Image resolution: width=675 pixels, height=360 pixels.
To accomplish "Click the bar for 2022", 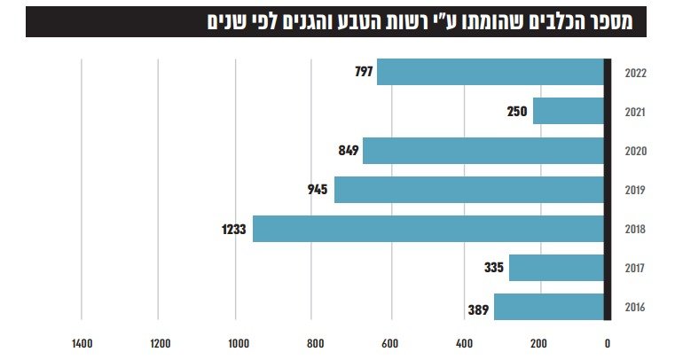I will click(x=490, y=72).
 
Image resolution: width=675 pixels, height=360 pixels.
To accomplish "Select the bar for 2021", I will click(x=568, y=111).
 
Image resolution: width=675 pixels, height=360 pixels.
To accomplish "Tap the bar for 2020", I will click(x=483, y=151).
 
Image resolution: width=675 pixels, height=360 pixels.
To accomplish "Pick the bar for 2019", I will click(x=468, y=190).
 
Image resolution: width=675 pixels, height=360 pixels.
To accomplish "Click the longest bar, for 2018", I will click(x=428, y=229).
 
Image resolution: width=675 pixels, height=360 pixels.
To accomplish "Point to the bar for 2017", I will click(x=556, y=268).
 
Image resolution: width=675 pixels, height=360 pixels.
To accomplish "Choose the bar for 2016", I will click(x=548, y=307).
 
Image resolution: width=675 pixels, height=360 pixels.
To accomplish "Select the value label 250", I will click(x=517, y=112).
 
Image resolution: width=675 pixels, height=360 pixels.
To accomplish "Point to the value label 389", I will click(x=479, y=309).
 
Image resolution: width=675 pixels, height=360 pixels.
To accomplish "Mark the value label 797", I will click(x=363, y=72).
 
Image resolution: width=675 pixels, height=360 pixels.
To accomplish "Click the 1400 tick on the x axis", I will click(x=82, y=340).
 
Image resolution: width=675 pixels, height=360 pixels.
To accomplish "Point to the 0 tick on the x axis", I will click(x=608, y=340).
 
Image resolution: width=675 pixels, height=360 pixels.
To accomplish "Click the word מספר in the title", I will click(x=613, y=22).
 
